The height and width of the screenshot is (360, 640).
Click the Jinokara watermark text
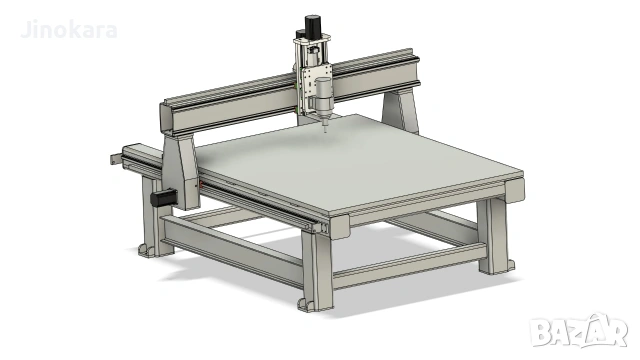(68, 30)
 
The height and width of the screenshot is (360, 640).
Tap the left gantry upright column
(181, 169)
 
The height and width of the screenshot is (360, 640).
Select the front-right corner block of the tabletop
(516, 188)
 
